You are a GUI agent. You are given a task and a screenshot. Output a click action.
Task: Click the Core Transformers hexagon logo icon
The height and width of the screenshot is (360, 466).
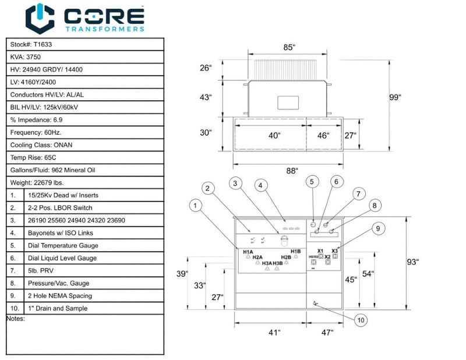pyautogui.click(x=40, y=18)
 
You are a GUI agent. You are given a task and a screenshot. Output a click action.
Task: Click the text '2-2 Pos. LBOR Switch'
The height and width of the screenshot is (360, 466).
pyautogui.click(x=60, y=208)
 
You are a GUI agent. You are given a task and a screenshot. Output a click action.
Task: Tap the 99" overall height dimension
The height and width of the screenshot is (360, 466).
pyautogui.click(x=396, y=97)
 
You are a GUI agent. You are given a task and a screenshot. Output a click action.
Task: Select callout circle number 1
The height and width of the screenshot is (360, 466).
pyautogui.click(x=196, y=205)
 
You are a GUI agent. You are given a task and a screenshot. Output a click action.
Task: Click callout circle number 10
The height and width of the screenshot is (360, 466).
pyautogui.click(x=361, y=319)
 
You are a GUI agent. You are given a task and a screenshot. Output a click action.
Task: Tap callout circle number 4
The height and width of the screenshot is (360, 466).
pyautogui.click(x=261, y=186)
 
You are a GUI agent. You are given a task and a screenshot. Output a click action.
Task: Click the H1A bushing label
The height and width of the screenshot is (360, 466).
pyautogui.click(x=248, y=251)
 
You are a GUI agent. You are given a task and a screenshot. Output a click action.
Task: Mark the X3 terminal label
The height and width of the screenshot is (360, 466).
pyautogui.click(x=335, y=250)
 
